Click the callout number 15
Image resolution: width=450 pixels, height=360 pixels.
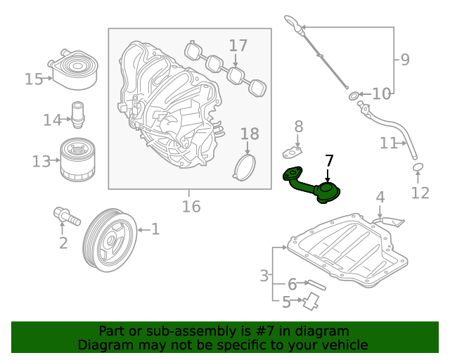(34, 79)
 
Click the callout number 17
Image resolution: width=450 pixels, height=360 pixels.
(238, 46)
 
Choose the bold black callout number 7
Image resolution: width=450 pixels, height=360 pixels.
(329, 160)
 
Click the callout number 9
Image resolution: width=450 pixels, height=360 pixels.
(404, 60)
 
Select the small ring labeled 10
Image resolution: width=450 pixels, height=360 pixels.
(352, 94)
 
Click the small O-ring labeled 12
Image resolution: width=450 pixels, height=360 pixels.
(418, 167)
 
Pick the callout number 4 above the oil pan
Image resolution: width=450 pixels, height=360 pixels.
(380, 197)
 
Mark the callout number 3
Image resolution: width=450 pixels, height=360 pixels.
(264, 276)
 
